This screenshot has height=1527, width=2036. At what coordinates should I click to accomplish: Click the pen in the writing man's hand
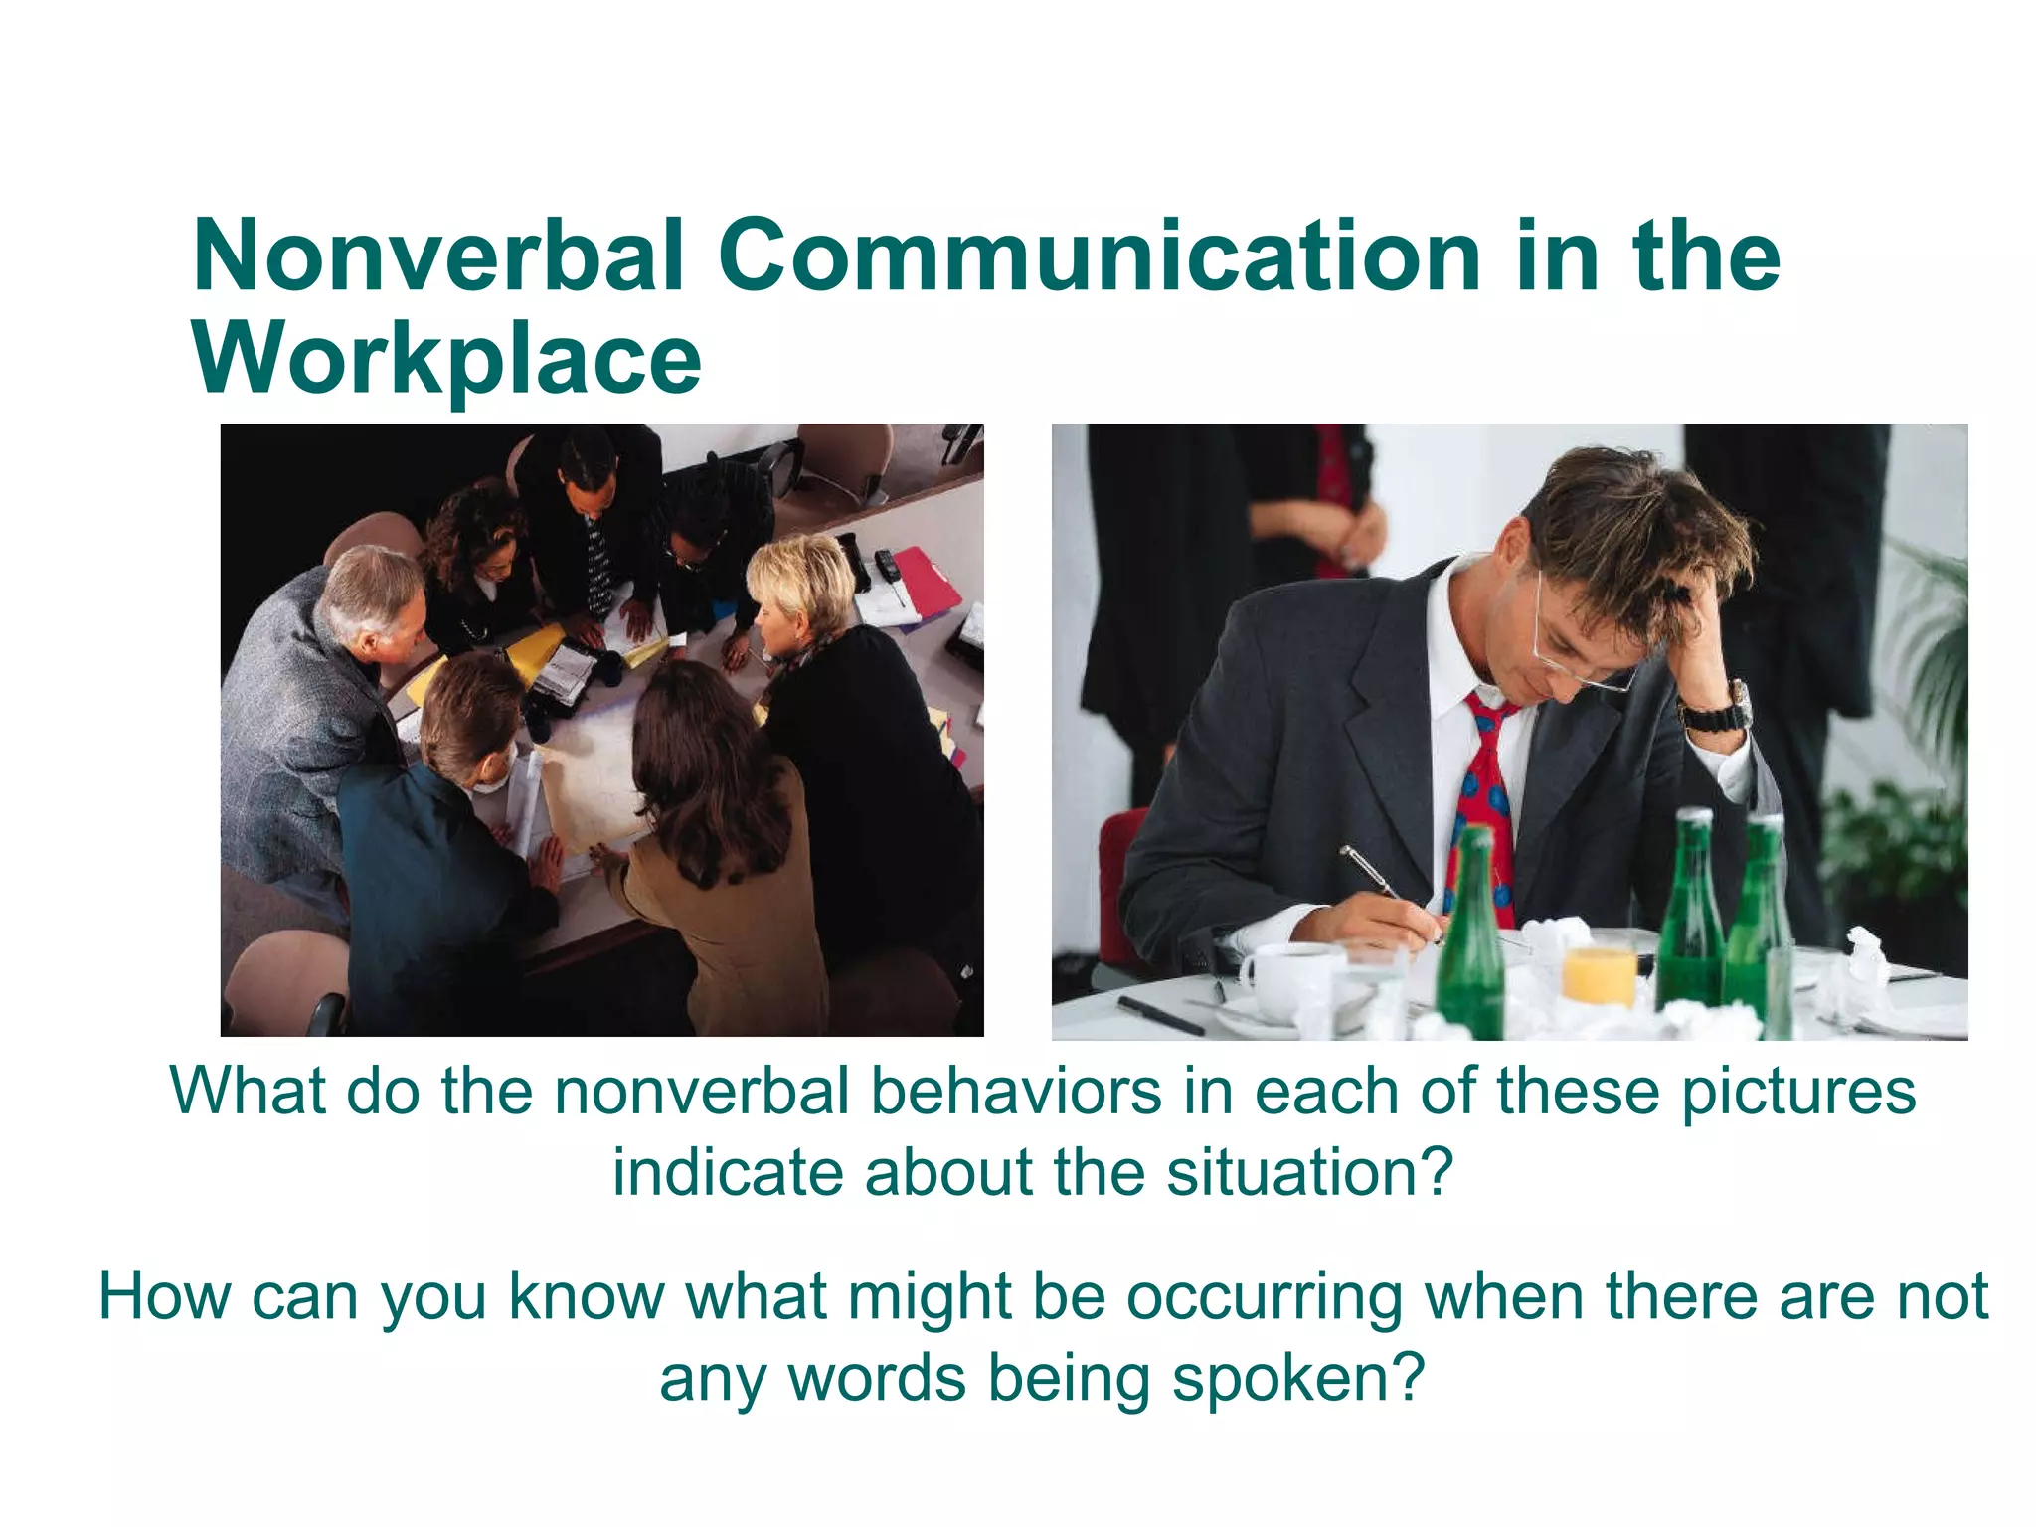coord(1382,881)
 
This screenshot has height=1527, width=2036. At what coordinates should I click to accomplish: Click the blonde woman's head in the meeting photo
coord(800,587)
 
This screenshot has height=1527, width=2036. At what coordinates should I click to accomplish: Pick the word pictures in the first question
coord(1798,1091)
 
